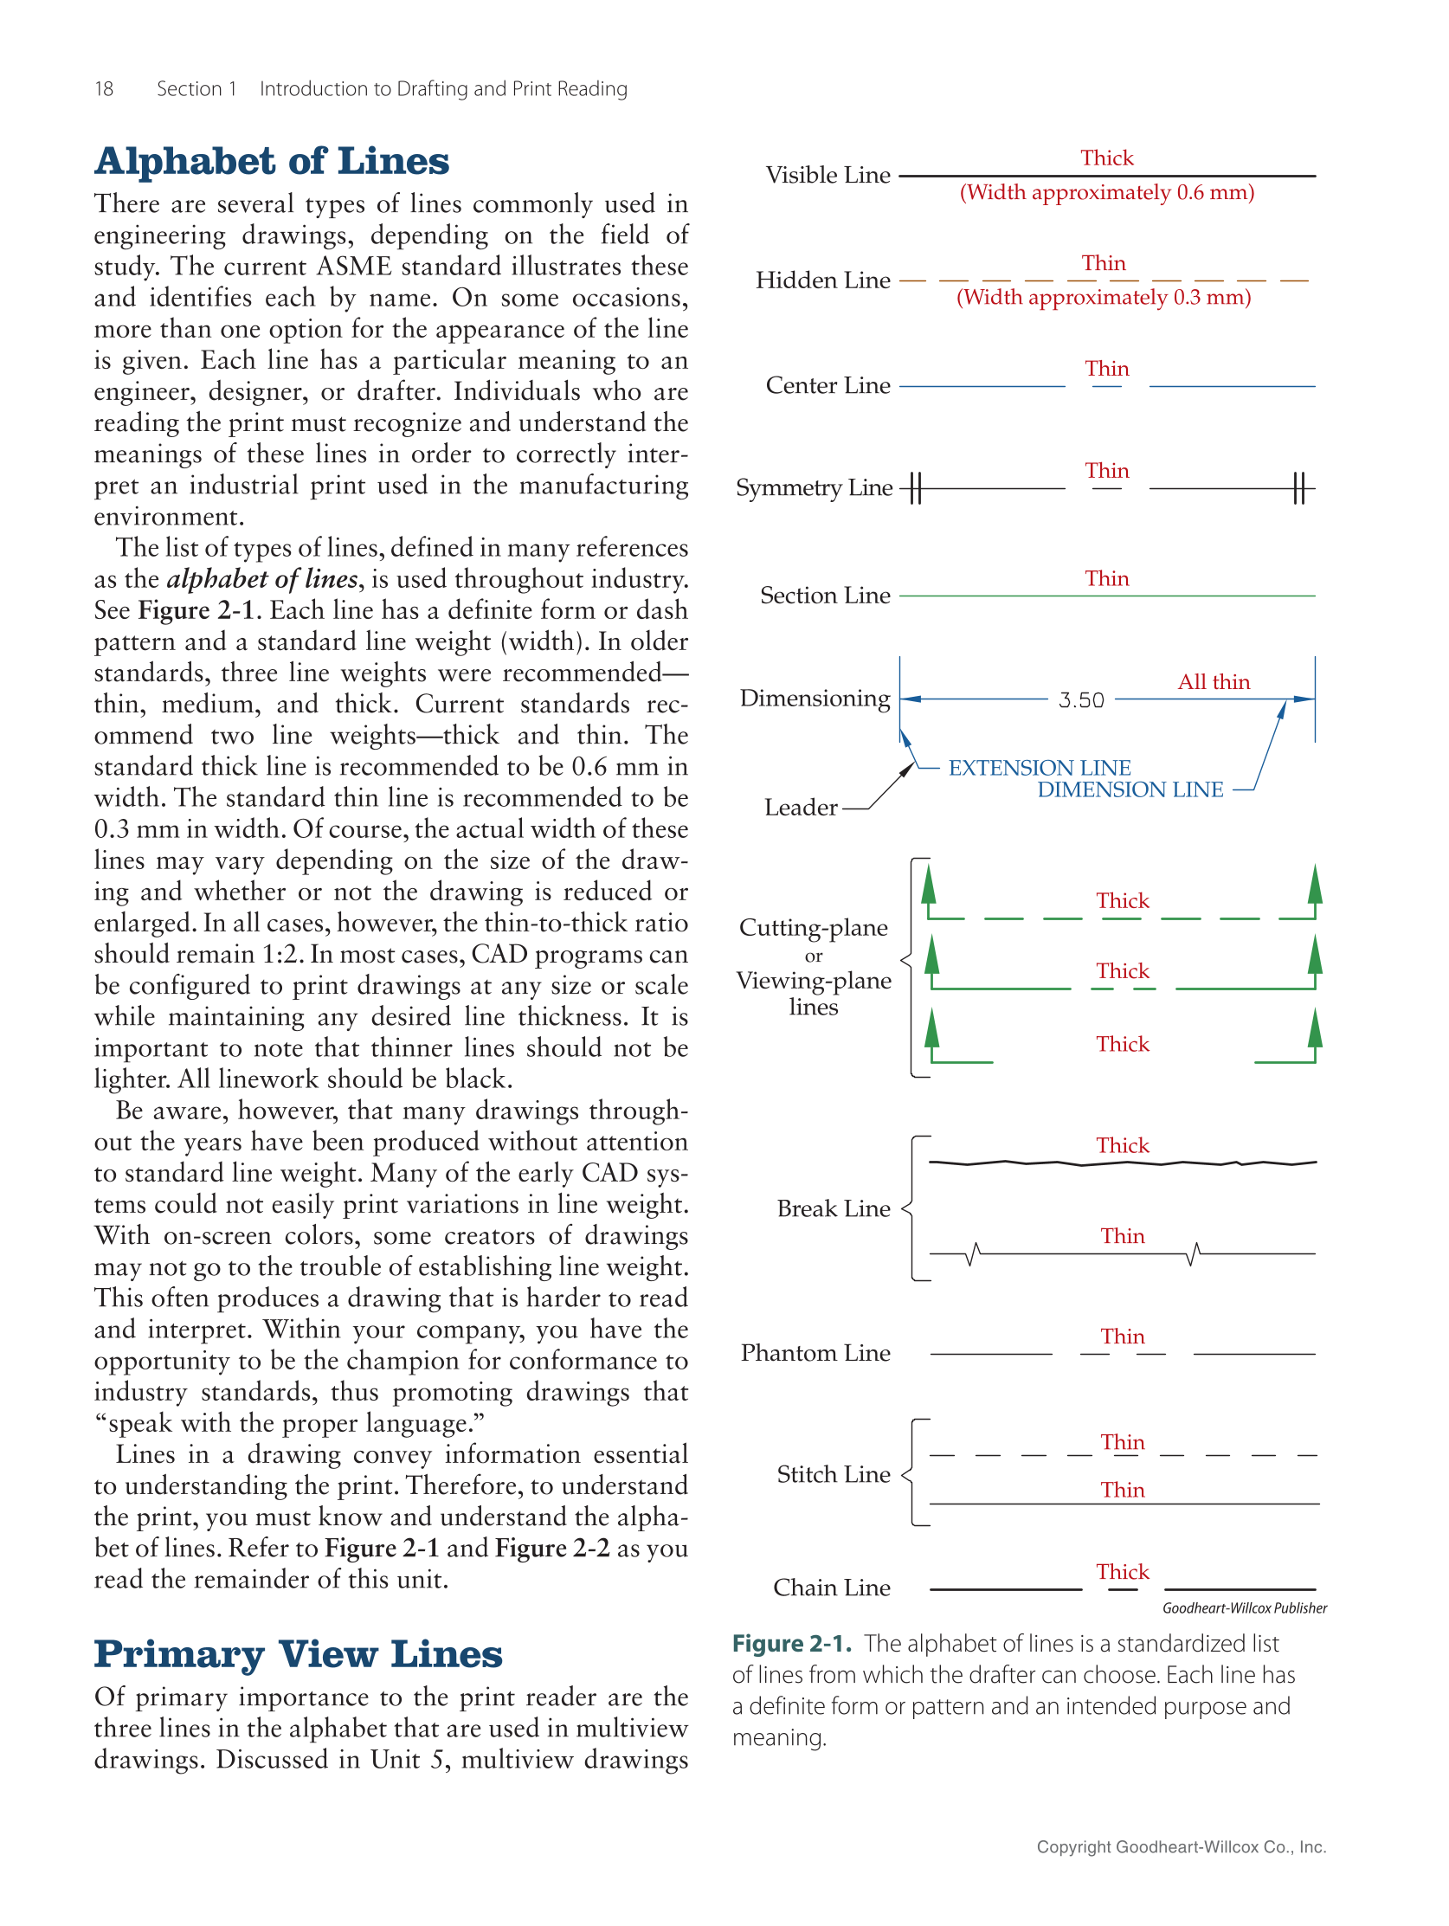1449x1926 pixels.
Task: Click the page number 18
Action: point(104,89)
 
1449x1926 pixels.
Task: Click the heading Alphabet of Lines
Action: point(271,162)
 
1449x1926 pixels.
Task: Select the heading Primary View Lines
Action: point(298,1654)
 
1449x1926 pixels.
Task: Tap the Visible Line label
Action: point(828,176)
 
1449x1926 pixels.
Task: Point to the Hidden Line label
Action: point(822,280)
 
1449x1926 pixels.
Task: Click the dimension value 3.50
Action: point(1080,700)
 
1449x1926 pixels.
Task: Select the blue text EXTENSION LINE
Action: point(1039,768)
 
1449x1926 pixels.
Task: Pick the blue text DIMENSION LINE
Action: point(1130,789)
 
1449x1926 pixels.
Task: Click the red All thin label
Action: point(1213,682)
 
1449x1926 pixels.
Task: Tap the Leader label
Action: point(801,808)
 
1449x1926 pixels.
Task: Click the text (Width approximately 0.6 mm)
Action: point(1106,192)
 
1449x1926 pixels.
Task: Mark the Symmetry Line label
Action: point(814,487)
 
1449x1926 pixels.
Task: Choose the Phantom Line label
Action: point(815,1353)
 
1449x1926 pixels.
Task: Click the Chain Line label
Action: point(831,1588)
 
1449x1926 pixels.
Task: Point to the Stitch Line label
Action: point(833,1474)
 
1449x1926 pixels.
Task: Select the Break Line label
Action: point(833,1209)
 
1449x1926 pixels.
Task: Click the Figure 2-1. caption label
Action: point(790,1644)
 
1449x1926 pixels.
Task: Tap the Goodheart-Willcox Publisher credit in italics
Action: point(1244,1608)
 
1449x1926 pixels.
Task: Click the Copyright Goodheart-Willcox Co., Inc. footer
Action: point(1180,1846)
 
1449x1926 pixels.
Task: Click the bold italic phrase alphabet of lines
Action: point(261,579)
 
